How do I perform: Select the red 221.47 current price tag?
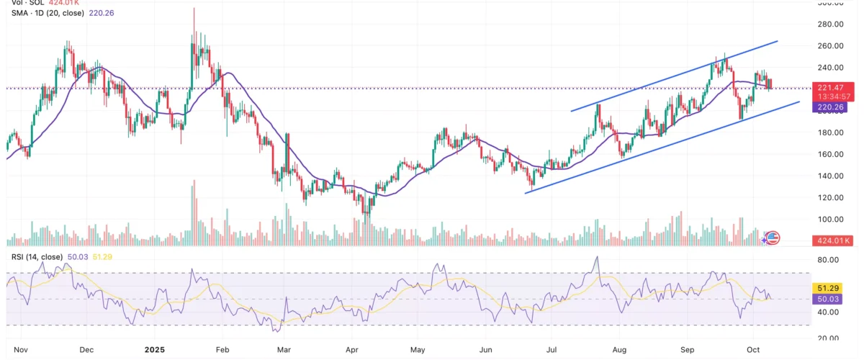(x=831, y=88)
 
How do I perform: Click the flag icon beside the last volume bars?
(x=773, y=237)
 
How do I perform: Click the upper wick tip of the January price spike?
(x=194, y=9)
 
